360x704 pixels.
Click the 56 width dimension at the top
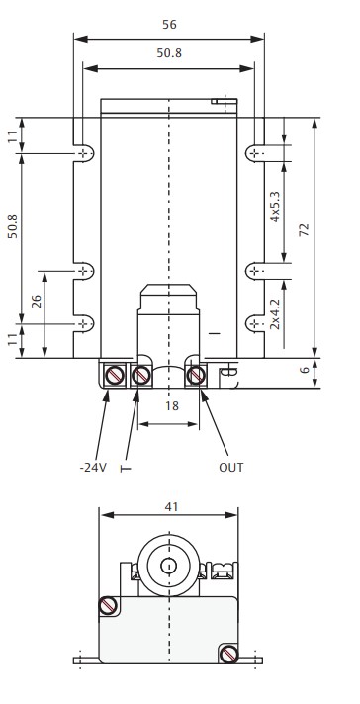(x=169, y=25)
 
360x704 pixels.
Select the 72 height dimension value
(x=305, y=229)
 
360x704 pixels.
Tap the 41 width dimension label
(x=171, y=507)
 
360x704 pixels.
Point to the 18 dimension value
(x=171, y=405)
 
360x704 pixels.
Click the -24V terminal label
(x=93, y=468)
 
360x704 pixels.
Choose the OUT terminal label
(x=231, y=468)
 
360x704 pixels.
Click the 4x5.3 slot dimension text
(x=275, y=207)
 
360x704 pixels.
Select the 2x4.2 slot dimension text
(x=275, y=314)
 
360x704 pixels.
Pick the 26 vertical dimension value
(x=37, y=301)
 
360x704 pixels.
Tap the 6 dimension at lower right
(x=305, y=370)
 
